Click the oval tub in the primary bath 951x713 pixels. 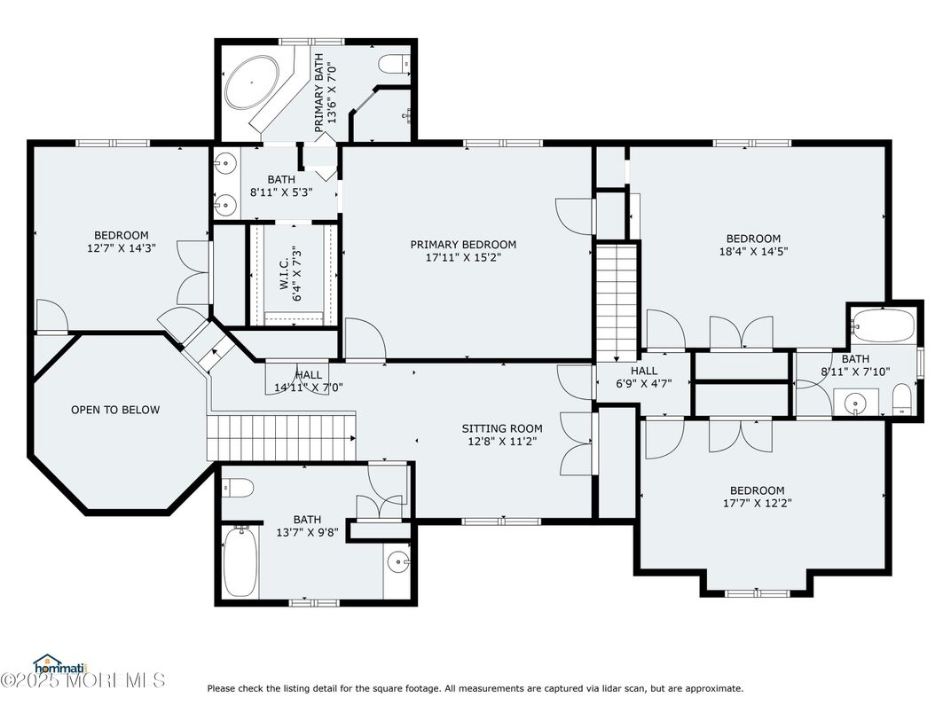[251, 83]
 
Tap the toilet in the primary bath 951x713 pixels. [394, 63]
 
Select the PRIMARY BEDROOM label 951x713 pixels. [463, 245]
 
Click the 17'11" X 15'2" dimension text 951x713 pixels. [463, 257]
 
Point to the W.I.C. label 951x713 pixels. [285, 277]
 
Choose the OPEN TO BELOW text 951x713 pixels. [115, 410]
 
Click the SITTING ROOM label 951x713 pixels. [502, 428]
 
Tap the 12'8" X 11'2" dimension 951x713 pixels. [502, 442]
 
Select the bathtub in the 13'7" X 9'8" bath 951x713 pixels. [240, 561]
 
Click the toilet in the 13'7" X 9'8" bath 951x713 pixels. [237, 487]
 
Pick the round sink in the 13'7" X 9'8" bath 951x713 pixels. [397, 561]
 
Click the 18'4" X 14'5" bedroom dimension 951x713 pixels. [754, 251]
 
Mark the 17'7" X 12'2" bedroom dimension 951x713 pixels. [758, 503]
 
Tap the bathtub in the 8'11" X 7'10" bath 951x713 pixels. [883, 325]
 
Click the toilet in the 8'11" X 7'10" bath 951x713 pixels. [902, 399]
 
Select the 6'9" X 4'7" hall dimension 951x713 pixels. [644, 383]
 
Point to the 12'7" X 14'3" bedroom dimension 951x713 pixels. [122, 247]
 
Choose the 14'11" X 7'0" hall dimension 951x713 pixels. [309, 388]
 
